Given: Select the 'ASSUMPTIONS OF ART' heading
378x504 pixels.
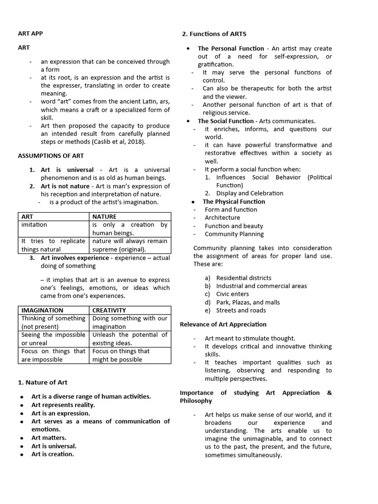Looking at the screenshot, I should [51, 156].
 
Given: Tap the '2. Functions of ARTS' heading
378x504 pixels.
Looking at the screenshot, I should [214, 34].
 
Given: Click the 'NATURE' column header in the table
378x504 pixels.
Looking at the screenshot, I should [104, 217].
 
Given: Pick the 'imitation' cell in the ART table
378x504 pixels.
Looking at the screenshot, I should [34, 225].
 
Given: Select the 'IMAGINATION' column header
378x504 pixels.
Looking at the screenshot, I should [42, 310].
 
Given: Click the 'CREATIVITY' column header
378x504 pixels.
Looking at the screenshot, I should [109, 310].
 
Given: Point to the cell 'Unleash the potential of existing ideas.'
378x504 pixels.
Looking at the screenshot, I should [130, 339].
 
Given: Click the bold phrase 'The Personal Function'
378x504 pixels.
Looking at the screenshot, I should [231, 48].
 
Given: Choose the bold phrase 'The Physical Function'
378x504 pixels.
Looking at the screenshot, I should [233, 201].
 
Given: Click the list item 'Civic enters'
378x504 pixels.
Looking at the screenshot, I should [235, 294].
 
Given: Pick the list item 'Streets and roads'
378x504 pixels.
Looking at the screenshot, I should [241, 310].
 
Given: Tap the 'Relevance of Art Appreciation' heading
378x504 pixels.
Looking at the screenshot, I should [223, 324].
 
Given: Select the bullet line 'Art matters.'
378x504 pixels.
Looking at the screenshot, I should [49, 438].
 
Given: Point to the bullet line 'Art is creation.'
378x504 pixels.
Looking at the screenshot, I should [52, 454].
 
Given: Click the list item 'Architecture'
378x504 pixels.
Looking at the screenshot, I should [222, 218].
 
